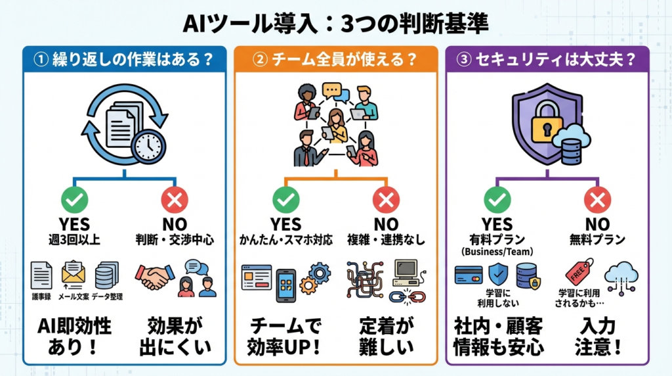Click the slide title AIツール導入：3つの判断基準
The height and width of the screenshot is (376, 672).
point(335,24)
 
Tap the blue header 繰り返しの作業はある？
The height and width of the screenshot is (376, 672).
point(125,59)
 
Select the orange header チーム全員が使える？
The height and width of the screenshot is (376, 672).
point(335,59)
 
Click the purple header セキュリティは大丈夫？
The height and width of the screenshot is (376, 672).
point(547,59)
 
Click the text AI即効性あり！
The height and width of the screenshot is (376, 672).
point(74,335)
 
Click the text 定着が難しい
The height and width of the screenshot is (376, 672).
point(386,335)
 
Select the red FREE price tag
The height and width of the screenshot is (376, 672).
point(579,271)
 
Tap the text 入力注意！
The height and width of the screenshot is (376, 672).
point(597,335)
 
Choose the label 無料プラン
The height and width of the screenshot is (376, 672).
point(597,241)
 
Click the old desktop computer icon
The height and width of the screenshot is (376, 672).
point(405,271)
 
